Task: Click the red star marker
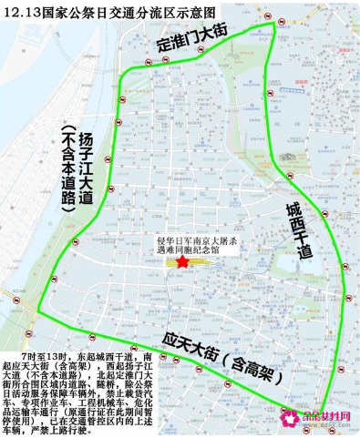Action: point(183,262)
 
